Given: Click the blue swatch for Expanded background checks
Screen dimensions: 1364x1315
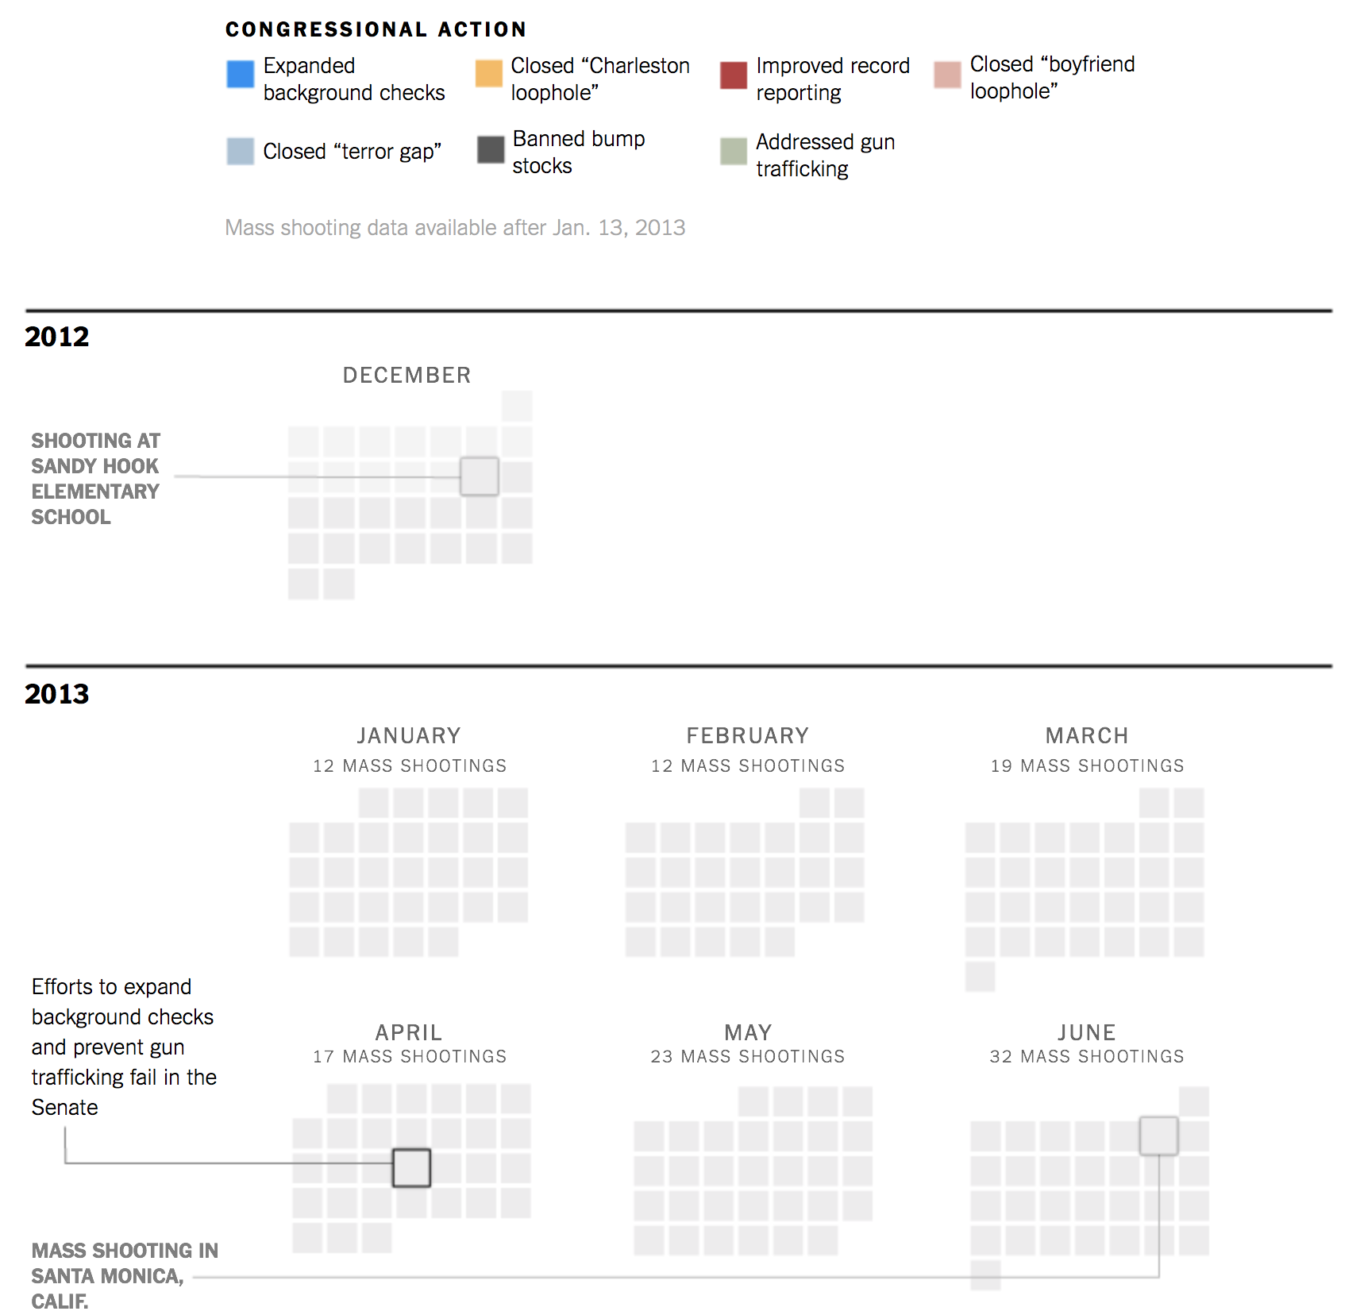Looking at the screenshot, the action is pyautogui.click(x=240, y=74).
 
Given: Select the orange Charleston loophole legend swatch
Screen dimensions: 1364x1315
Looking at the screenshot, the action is pyautogui.click(x=489, y=73).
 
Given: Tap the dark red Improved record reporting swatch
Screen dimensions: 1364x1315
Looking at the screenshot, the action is pyautogui.click(x=734, y=75).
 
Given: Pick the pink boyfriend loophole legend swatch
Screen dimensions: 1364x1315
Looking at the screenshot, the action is pyautogui.click(x=947, y=75).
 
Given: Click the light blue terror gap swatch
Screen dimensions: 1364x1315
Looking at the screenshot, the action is pyautogui.click(x=240, y=151).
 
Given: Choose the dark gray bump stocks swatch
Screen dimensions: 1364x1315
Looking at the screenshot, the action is pyautogui.click(x=491, y=149).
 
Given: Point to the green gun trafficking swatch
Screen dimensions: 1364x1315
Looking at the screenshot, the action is pyautogui.click(x=734, y=151).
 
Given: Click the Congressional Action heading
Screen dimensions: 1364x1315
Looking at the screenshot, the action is pyautogui.click(x=376, y=29).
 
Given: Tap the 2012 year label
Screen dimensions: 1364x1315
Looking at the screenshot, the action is pyautogui.click(x=57, y=337).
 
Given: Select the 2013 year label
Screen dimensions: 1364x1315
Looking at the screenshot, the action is pyautogui.click(x=57, y=694).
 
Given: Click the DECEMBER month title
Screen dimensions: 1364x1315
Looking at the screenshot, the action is pyautogui.click(x=407, y=375).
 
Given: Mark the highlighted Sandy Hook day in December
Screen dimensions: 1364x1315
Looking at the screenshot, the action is pyautogui.click(x=480, y=476).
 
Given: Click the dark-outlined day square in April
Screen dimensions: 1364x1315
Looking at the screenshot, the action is pyautogui.click(x=411, y=1167).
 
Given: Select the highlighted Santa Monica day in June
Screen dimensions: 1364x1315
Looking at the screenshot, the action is pyautogui.click(x=1159, y=1136).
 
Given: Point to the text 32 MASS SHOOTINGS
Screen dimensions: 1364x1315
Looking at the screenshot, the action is pyautogui.click(x=1087, y=1056).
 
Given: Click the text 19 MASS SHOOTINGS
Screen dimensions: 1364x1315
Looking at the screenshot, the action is pyautogui.click(x=1088, y=765).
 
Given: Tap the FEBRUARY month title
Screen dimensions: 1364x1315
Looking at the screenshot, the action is pyautogui.click(x=748, y=735).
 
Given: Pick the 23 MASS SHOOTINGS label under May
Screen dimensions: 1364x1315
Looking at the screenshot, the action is pyautogui.click(x=748, y=1056).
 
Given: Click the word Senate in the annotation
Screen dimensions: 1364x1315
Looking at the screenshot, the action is pyautogui.click(x=65, y=1107).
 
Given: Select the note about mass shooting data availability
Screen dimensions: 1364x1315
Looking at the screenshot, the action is pyautogui.click(x=456, y=228).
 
